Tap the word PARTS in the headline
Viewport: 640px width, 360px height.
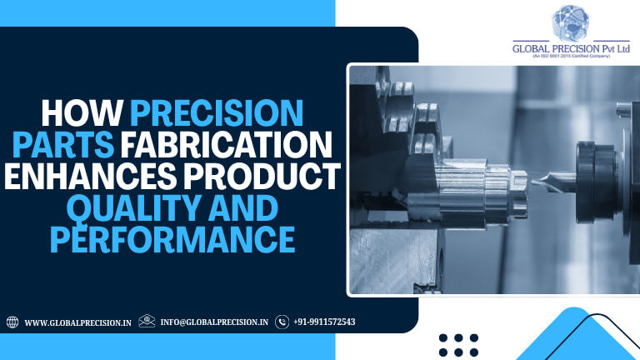pos(81,146)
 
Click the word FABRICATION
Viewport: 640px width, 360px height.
pos(227,146)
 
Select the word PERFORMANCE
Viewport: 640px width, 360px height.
pos(172,238)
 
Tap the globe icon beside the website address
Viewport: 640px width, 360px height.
pos(12,322)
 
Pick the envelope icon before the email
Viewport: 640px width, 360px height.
pos(147,321)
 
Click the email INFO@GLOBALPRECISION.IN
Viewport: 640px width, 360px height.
pos(214,322)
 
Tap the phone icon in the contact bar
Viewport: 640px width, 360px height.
pos(282,322)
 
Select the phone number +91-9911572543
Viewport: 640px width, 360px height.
pos(325,322)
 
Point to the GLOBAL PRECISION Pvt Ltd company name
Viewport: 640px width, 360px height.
pos(572,48)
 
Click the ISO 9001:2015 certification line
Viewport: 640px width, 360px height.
pos(572,57)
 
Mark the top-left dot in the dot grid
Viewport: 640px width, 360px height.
pos(443,338)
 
